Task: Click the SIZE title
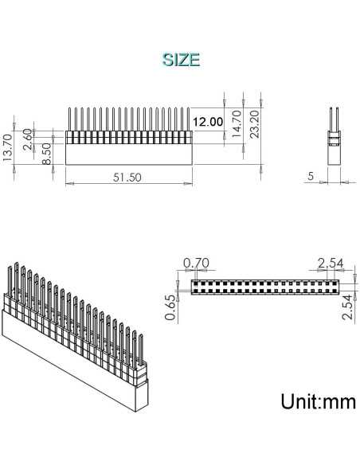click(180, 59)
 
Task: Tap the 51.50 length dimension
click(127, 178)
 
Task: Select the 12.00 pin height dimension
click(209, 122)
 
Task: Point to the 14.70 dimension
click(236, 125)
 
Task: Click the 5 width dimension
click(310, 177)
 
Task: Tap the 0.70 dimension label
click(195, 264)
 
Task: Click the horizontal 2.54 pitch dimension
click(331, 264)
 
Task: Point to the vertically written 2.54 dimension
click(347, 306)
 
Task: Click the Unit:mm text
click(317, 401)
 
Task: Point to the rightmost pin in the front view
click(187, 119)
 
